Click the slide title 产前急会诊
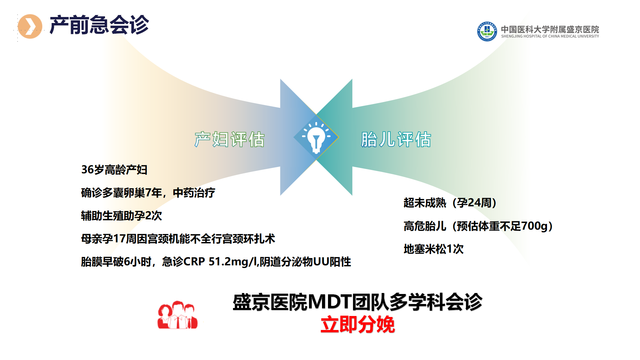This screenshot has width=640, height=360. [99, 25]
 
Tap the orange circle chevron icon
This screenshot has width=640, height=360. [30, 26]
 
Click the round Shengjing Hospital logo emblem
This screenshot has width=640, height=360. [487, 31]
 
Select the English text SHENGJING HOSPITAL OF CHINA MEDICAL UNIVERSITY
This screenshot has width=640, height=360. [550, 36]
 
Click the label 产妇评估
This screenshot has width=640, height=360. [230, 139]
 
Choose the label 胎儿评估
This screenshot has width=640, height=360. [396, 139]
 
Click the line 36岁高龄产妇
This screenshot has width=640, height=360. [114, 170]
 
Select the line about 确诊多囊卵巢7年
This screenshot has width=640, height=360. [148, 193]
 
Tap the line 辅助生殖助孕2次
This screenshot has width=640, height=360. [121, 216]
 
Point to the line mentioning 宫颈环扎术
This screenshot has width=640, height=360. [178, 239]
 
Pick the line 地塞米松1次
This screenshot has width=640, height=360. [433, 249]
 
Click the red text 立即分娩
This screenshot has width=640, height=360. [358, 325]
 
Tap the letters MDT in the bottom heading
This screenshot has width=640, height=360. [330, 302]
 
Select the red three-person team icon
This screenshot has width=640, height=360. [178, 315]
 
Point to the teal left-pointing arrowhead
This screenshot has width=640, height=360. [334, 137]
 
